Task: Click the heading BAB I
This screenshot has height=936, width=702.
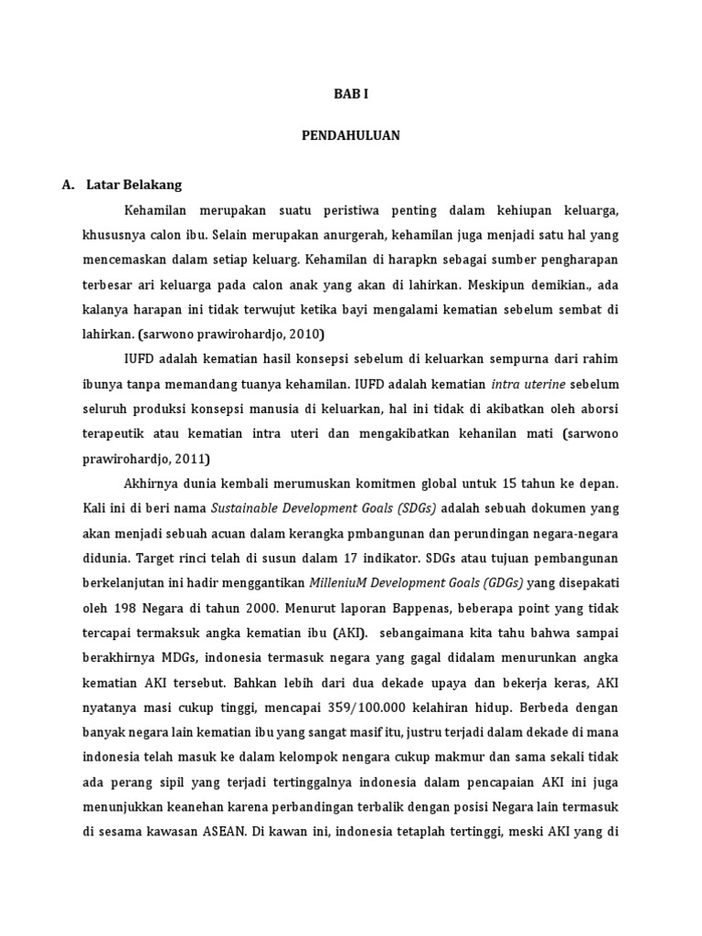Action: (350, 93)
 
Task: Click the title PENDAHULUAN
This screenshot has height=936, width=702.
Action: (350, 135)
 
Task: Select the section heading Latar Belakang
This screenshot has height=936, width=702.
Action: (134, 185)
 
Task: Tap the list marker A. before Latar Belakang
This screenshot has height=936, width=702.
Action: (69, 185)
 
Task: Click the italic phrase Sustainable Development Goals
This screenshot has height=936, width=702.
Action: (295, 507)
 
